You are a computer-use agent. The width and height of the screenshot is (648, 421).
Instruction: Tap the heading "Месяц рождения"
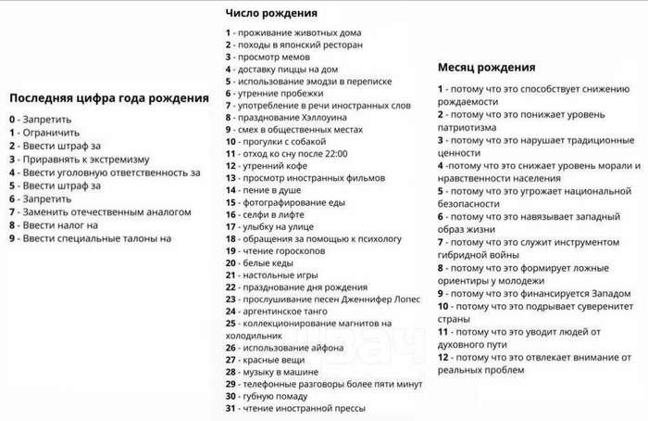point(486,68)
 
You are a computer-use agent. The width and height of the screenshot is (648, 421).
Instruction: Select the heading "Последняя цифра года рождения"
point(108,99)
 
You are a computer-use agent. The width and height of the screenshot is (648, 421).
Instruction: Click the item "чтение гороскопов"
point(281,250)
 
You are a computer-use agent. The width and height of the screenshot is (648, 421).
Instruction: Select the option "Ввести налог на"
point(58,225)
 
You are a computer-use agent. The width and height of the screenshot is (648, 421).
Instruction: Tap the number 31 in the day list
point(231,407)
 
